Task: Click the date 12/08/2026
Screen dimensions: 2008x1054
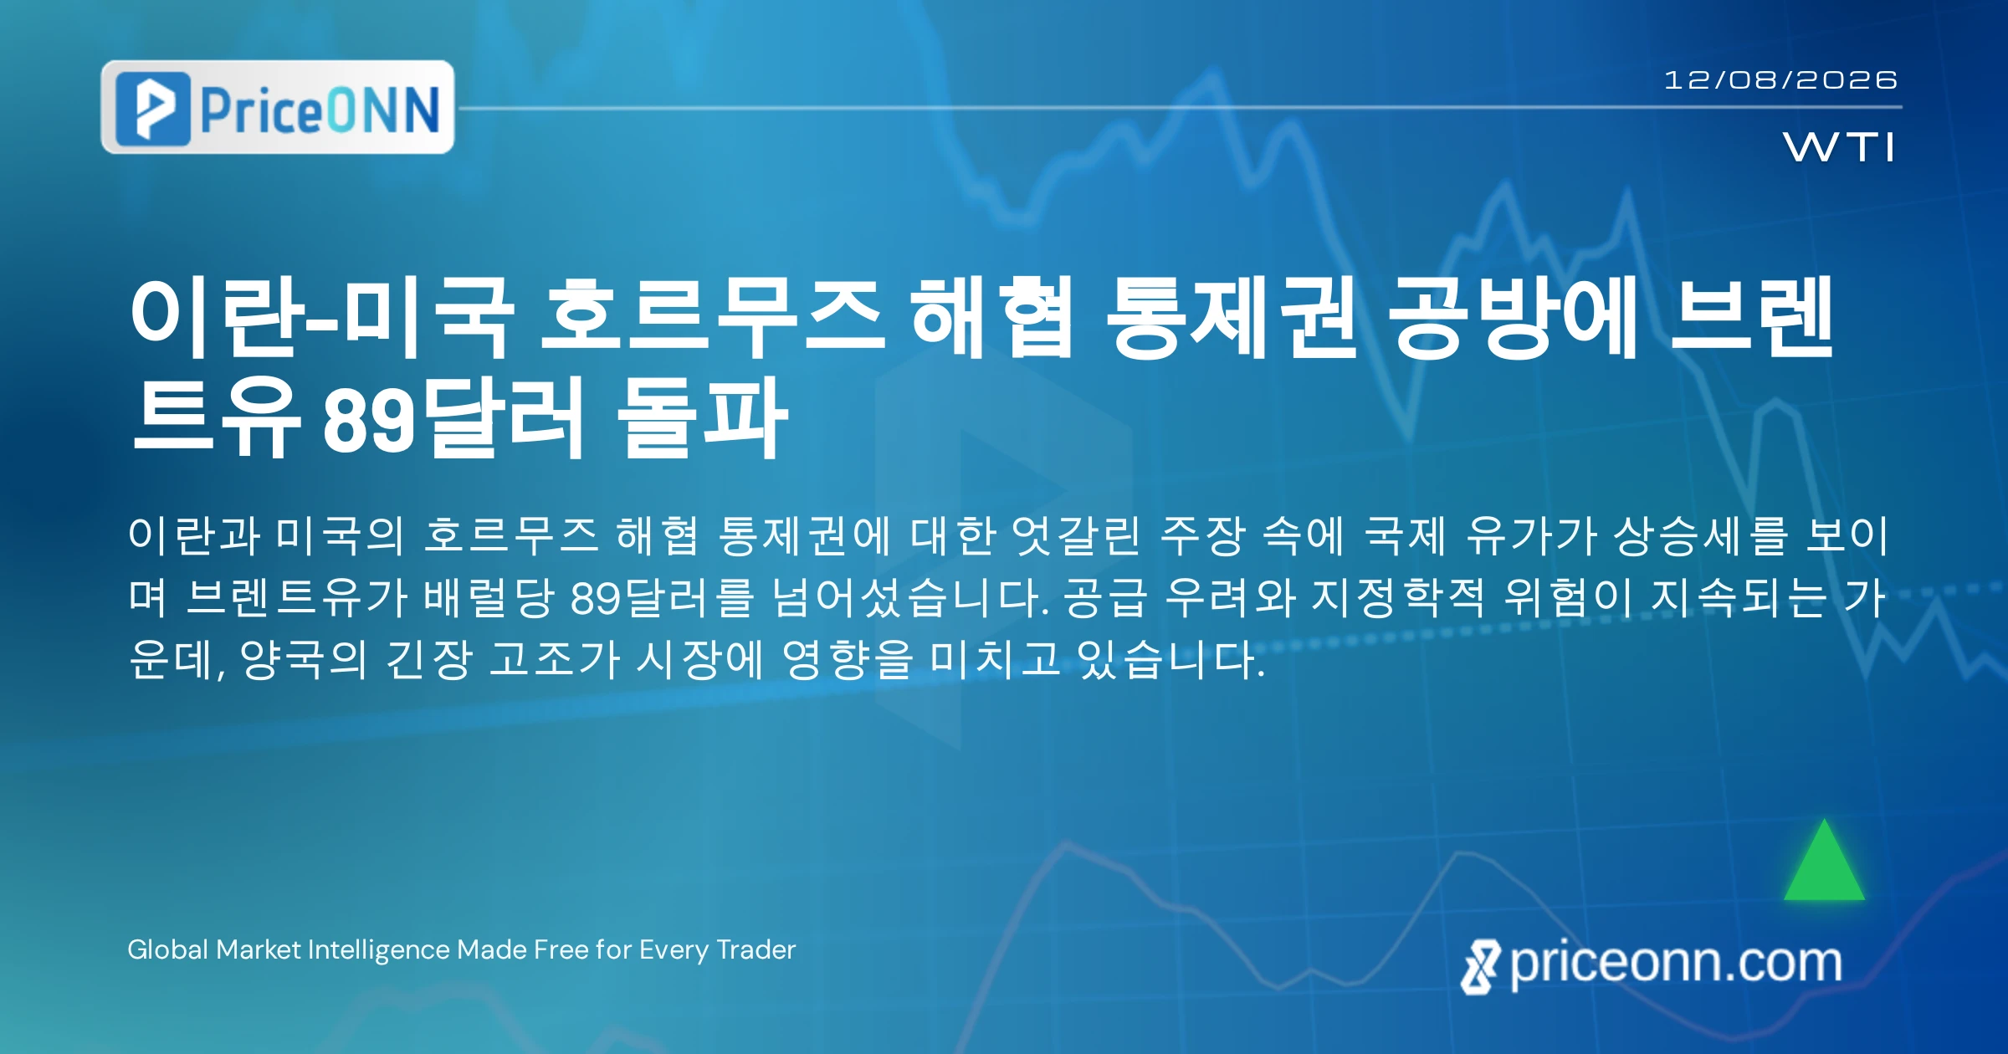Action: click(x=1780, y=80)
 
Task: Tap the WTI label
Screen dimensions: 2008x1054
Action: click(x=1838, y=147)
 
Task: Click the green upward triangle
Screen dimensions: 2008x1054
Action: click(x=1824, y=860)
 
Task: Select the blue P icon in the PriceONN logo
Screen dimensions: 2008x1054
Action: click(x=153, y=109)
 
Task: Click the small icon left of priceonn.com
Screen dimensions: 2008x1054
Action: click(x=1480, y=967)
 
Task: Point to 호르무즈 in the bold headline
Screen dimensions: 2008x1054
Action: click(x=712, y=319)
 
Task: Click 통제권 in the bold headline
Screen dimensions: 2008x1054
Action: click(x=1230, y=319)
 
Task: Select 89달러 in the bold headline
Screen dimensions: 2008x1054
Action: click(x=453, y=417)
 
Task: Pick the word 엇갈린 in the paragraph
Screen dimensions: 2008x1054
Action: click(x=1075, y=535)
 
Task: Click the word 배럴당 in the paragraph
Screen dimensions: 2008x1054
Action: click(x=489, y=597)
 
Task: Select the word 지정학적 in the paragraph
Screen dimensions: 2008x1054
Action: click(x=1398, y=597)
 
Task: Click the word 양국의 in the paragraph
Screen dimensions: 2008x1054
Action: click(x=303, y=659)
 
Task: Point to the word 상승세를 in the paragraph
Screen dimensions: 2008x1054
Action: click(x=1701, y=535)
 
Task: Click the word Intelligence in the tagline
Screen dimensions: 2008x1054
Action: click(x=379, y=950)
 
